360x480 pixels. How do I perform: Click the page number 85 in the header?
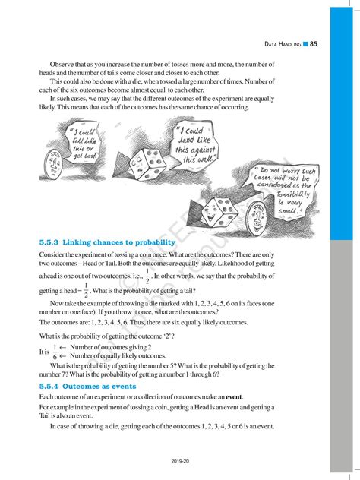click(314, 44)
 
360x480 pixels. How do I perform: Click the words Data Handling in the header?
click(283, 44)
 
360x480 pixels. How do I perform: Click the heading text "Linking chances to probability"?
click(118, 242)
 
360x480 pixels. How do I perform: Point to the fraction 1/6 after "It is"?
click(55, 351)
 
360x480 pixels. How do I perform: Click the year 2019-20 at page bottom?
click(179, 460)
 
